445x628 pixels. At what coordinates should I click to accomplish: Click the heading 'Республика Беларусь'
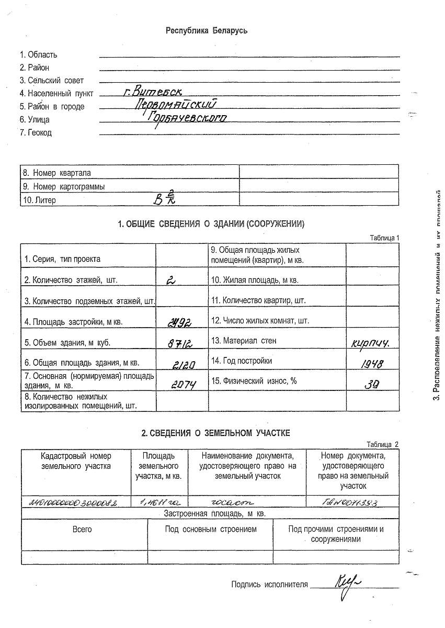(207, 30)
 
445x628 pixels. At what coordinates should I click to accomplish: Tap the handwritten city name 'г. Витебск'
(152, 92)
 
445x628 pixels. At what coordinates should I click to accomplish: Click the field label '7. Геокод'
(36, 133)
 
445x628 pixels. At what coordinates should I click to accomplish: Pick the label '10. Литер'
(39, 200)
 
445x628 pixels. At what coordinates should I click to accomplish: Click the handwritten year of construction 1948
(372, 364)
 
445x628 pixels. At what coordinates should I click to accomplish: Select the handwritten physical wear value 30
(372, 384)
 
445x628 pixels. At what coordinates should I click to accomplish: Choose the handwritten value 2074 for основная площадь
(184, 385)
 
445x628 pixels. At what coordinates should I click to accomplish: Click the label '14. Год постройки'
(242, 361)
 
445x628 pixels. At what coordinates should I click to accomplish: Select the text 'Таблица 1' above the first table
(384, 238)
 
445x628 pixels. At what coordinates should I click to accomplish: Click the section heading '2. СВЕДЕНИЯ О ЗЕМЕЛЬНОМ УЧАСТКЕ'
(215, 433)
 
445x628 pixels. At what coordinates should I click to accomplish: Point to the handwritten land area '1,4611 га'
(158, 502)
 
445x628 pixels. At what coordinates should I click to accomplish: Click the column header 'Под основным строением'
(211, 529)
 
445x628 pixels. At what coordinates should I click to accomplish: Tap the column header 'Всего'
(83, 529)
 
